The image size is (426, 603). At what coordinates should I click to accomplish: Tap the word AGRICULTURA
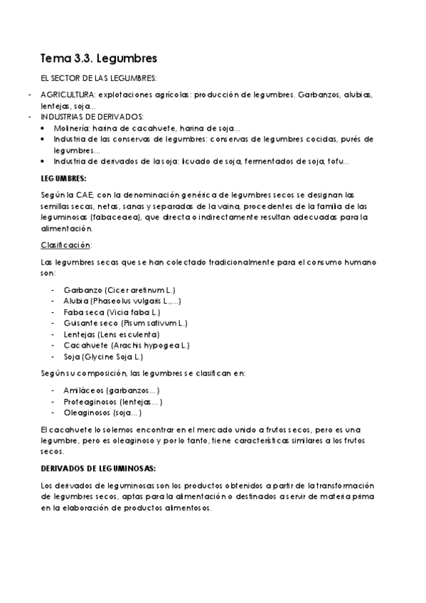click(68, 95)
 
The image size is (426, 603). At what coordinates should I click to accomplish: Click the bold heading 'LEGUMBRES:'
click(64, 178)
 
